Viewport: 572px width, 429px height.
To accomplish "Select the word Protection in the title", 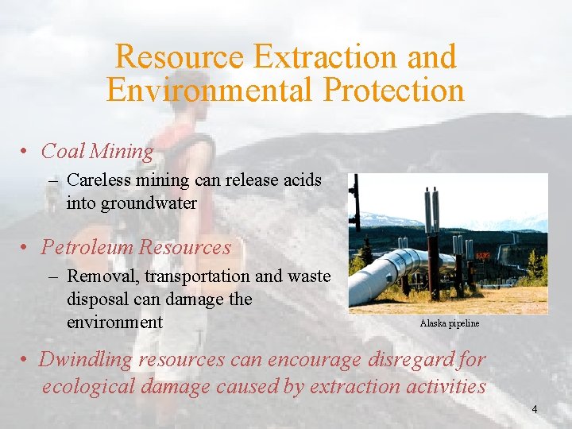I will [x=393, y=90].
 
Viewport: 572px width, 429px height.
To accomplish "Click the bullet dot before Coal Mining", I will [x=26, y=151].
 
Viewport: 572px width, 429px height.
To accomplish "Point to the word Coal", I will [x=63, y=151].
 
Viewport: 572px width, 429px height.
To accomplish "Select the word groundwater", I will [x=131, y=203].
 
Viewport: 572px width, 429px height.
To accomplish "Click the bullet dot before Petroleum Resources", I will [x=26, y=247].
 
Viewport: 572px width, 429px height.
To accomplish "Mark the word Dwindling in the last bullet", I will [x=86, y=359].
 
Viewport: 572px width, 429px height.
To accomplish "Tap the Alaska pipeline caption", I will [x=449, y=323].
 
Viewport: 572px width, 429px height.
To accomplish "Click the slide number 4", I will [x=535, y=409].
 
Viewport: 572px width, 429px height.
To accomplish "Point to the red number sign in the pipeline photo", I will [x=482, y=256].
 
